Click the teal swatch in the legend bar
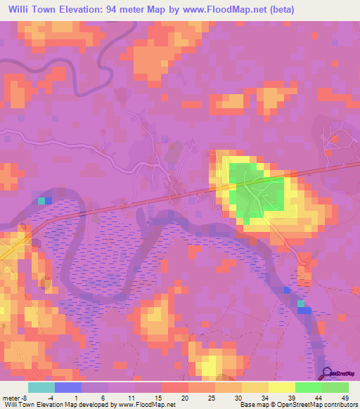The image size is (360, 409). [x=41, y=387]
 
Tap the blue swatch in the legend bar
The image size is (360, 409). [x=68, y=387]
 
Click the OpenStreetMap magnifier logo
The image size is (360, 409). [x=328, y=374]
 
